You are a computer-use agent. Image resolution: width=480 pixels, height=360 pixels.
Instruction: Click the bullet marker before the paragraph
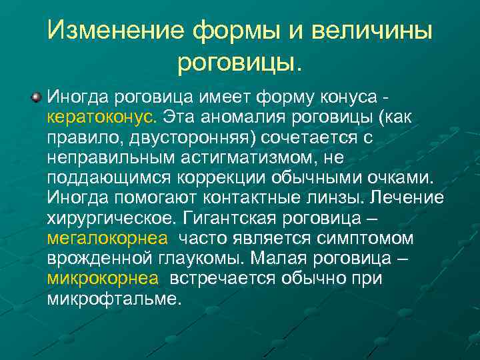point(35,98)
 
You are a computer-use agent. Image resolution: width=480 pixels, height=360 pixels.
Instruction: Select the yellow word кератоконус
point(101,118)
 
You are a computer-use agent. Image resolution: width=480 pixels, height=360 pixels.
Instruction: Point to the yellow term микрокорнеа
point(103,278)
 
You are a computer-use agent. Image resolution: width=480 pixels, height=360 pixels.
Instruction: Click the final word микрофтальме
point(113,298)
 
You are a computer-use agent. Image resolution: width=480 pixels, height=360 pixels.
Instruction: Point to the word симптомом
point(371,238)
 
